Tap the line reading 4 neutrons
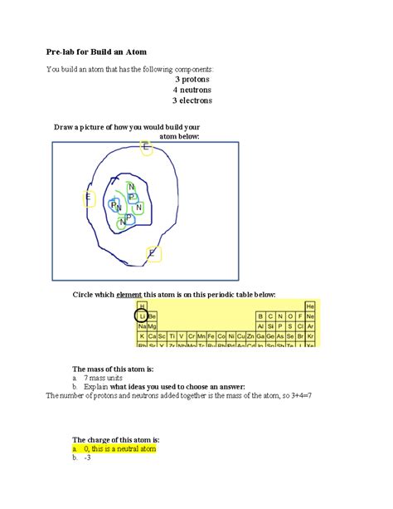[x=192, y=90]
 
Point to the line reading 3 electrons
[x=192, y=100]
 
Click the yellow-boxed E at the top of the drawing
[x=145, y=148]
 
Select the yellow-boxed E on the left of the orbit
[x=89, y=198]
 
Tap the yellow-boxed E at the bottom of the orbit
[x=152, y=253]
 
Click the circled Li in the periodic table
[x=142, y=316]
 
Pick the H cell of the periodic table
[x=142, y=306]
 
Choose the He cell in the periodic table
[x=310, y=306]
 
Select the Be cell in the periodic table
[x=152, y=316]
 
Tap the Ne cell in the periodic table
[x=310, y=316]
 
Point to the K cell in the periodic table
[x=142, y=336]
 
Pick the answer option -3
[x=88, y=458]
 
